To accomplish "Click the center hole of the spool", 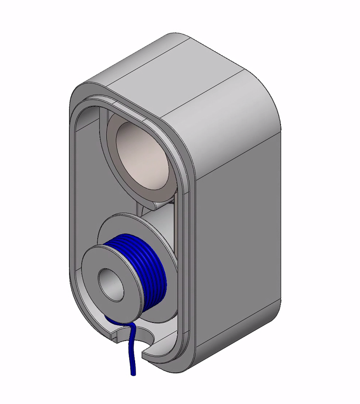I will point(111,283).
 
